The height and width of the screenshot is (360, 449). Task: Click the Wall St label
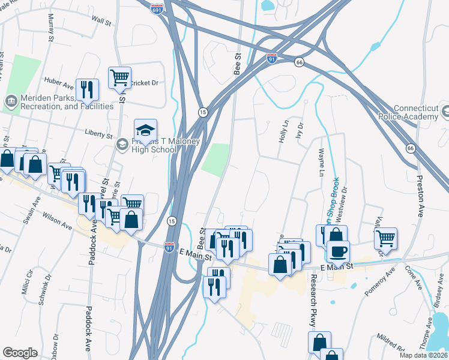pos(101,20)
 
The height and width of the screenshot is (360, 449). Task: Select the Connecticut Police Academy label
pos(412,112)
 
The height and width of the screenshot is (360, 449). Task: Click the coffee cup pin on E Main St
pos(338,251)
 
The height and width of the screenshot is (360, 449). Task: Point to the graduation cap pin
pos(145,130)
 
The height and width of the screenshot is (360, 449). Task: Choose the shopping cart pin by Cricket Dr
pos(119,77)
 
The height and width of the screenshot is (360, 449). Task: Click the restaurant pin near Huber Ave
pos(87,89)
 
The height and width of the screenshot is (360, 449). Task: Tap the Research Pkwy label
pos(313,301)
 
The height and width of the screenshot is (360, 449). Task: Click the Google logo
pos(20,352)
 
